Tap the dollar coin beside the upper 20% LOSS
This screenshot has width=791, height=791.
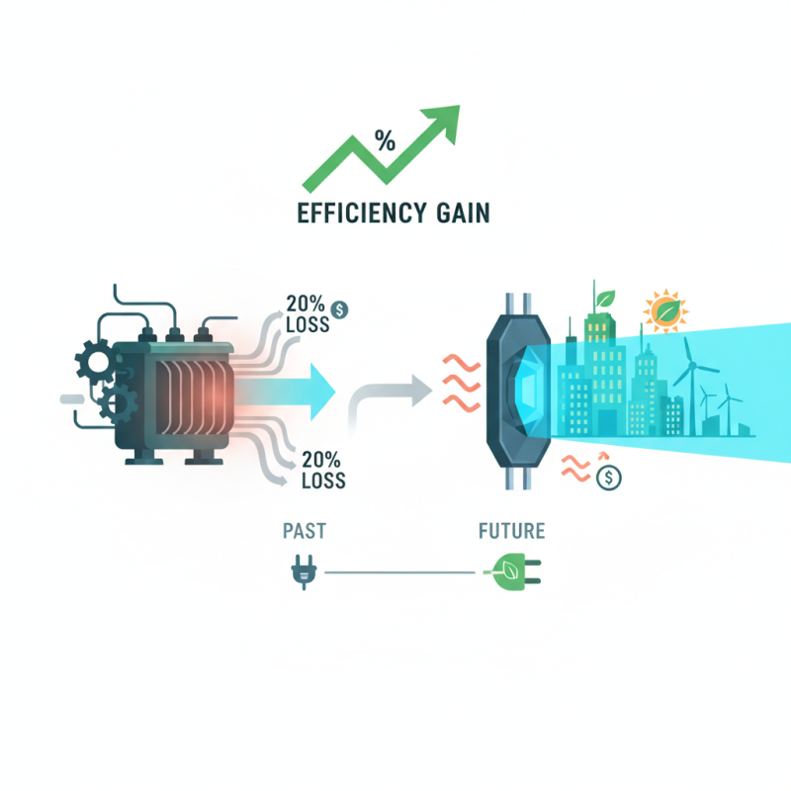(x=340, y=308)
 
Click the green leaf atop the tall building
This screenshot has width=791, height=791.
(x=602, y=299)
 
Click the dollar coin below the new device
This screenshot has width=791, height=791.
(x=609, y=479)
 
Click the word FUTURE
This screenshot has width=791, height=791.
(x=511, y=532)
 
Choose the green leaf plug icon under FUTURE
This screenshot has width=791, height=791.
(x=511, y=572)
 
